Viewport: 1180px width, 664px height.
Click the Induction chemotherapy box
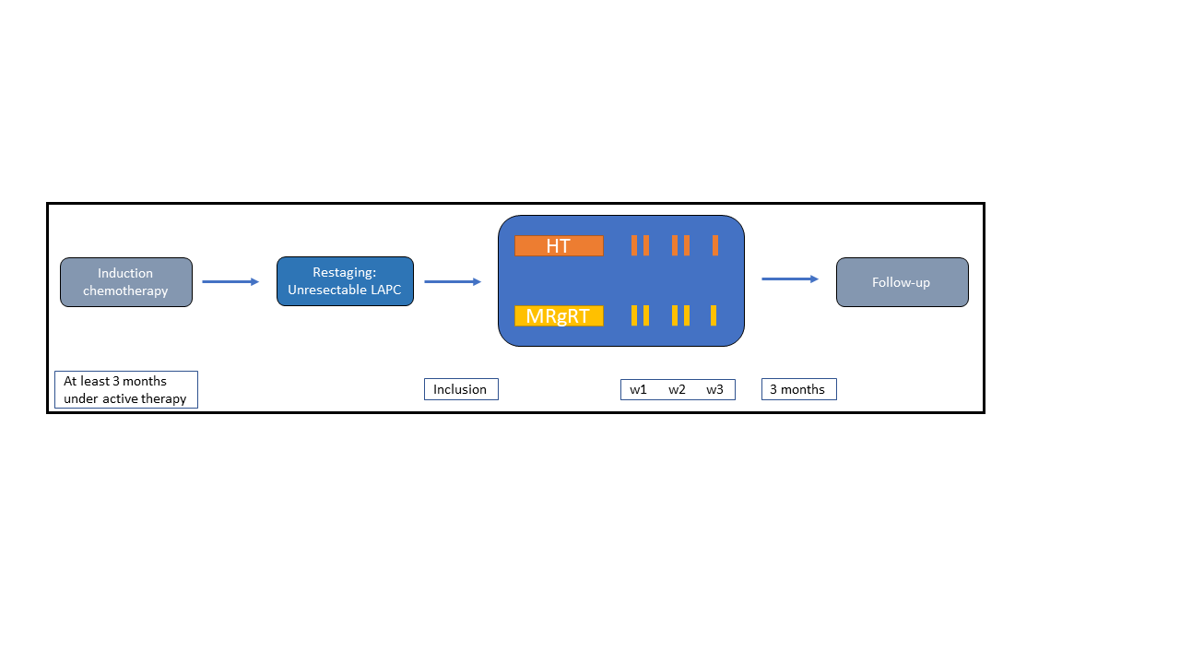click(126, 282)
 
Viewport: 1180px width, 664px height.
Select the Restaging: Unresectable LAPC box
click(345, 281)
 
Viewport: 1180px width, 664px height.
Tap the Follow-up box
click(903, 282)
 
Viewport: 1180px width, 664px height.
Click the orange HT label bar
click(559, 245)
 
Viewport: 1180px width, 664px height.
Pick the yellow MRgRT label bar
click(559, 315)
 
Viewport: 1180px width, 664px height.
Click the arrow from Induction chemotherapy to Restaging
click(230, 282)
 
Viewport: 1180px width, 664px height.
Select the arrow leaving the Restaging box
click(453, 282)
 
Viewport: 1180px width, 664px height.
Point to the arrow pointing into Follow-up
click(790, 279)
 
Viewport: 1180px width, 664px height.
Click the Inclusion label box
click(462, 389)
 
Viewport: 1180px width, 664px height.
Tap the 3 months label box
click(799, 389)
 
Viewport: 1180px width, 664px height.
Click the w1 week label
click(638, 389)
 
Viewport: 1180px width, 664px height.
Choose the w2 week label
click(677, 389)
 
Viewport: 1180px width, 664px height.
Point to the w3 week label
click(714, 389)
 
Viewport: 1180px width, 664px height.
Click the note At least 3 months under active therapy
click(126, 389)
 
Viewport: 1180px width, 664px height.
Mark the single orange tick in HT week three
click(715, 245)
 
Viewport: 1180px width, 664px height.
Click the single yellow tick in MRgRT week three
click(714, 315)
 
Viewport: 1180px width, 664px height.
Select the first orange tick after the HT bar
click(634, 245)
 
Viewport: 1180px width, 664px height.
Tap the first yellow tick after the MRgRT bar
click(634, 315)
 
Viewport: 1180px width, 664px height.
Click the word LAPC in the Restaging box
click(385, 290)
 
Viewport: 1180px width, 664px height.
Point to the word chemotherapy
click(125, 290)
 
